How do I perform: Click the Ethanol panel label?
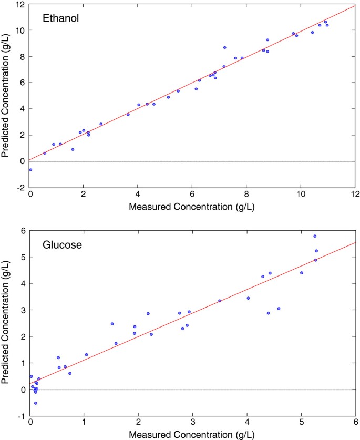[x=60, y=19]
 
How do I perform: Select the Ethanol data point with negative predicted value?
[x=30, y=170]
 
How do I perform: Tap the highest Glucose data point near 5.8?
[x=315, y=236]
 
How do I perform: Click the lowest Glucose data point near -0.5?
[x=36, y=403]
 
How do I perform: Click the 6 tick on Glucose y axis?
[x=23, y=231]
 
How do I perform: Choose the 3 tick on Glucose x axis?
[x=193, y=423]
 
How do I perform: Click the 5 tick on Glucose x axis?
[x=301, y=423]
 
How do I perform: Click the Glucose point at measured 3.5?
[x=220, y=301]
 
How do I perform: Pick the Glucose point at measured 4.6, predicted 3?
[x=279, y=309]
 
